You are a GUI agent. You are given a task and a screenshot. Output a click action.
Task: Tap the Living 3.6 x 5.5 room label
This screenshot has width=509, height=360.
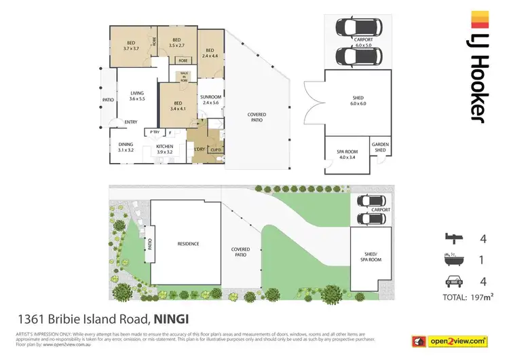(137, 96)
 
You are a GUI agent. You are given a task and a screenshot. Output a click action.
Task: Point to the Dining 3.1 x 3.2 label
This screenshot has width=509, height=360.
(126, 147)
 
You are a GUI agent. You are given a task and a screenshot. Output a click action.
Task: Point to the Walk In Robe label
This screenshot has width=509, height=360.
(183, 77)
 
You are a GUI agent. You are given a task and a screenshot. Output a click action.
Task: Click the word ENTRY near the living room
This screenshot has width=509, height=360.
(131, 122)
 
